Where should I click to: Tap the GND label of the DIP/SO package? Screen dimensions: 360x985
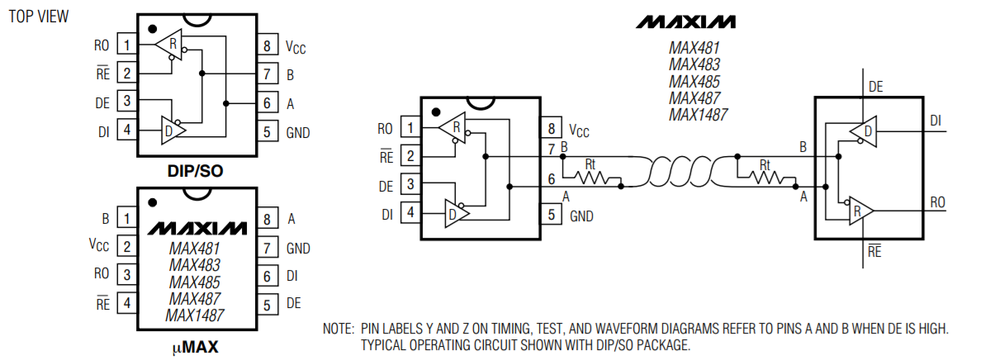[x=298, y=132]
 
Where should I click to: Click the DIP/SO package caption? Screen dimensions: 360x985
[x=195, y=171]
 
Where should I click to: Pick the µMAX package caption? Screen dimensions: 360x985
[x=195, y=348]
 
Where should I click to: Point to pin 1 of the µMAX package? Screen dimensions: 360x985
[x=126, y=219]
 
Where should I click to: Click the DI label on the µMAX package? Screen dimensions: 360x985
[x=292, y=276]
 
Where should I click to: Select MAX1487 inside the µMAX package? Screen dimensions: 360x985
[x=195, y=315]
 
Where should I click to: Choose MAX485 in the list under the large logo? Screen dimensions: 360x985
[x=694, y=82]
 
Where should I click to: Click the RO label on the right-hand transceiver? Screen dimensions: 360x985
[x=938, y=201]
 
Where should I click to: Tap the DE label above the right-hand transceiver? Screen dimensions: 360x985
[x=876, y=86]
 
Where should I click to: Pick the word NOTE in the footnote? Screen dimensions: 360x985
[x=338, y=329]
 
